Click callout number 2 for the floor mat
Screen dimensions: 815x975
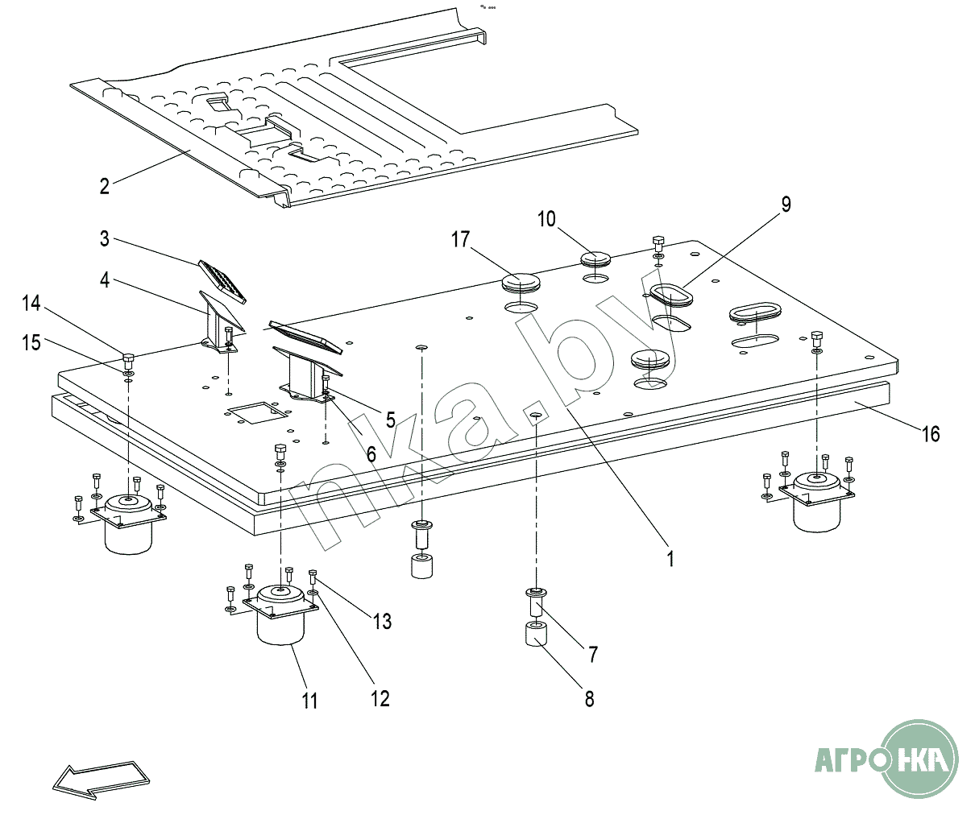105,187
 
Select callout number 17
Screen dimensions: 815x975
460,239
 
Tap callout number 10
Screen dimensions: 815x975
547,219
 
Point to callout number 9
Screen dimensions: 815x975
785,205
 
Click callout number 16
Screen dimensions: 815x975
931,435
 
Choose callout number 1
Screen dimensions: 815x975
670,558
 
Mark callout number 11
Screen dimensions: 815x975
310,701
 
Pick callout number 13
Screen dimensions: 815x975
382,621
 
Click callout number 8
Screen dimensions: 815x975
589,698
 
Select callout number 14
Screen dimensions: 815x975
31,304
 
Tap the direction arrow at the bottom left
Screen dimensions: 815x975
101,779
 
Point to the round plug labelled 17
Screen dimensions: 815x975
523,283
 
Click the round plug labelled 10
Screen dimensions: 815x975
596,259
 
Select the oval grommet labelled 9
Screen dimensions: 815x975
671,295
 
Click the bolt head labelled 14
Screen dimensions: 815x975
128,358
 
